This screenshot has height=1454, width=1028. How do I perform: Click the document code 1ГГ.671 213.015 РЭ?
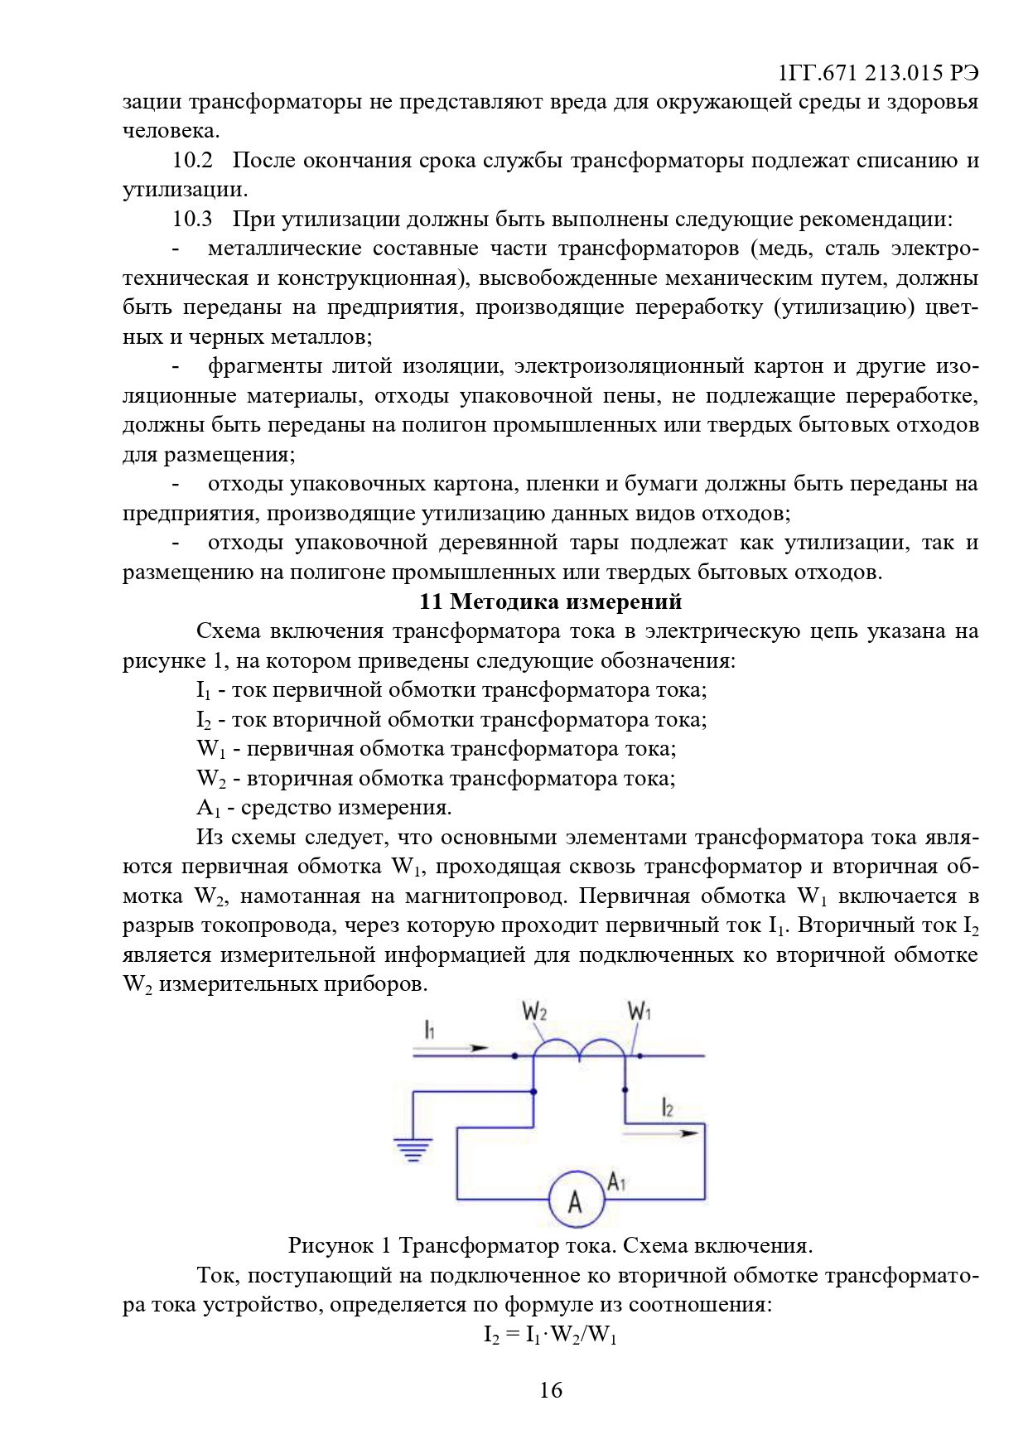coord(879,73)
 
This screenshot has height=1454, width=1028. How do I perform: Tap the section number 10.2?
coord(192,161)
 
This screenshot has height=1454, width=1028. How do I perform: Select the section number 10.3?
coord(192,220)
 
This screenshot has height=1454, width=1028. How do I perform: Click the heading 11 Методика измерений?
coord(550,601)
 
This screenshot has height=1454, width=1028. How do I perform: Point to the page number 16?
coord(551,1390)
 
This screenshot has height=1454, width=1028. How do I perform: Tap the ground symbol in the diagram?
coord(413,1149)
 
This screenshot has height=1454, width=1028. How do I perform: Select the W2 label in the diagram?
coord(534,1012)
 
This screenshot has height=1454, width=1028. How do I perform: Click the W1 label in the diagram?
coord(639,1011)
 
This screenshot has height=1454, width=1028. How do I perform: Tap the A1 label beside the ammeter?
coord(616,1181)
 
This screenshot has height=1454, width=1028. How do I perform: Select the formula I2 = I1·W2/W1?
coord(551,1335)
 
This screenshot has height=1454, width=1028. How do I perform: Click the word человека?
coord(171,132)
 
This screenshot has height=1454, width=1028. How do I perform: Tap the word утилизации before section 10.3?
coord(184,191)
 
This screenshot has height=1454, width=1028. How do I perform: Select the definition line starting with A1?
coord(324,808)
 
